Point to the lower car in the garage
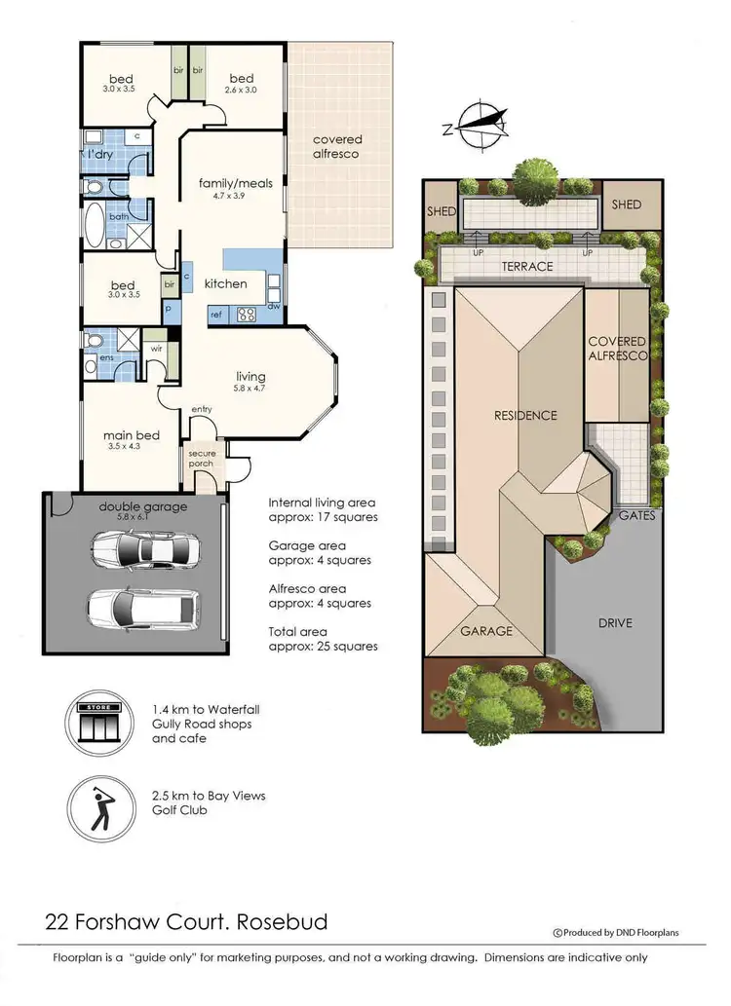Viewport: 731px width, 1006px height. [x=135, y=609]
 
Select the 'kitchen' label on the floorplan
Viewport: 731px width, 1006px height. [x=225, y=283]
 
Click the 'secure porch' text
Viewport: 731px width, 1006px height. [x=201, y=458]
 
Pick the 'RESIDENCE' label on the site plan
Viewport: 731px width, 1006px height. [x=524, y=416]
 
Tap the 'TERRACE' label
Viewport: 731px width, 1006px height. [x=526, y=266]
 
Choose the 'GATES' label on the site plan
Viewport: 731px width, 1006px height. [x=637, y=515]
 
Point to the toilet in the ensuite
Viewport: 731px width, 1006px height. [x=94, y=342]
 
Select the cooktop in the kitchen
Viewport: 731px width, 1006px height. [x=246, y=314]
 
